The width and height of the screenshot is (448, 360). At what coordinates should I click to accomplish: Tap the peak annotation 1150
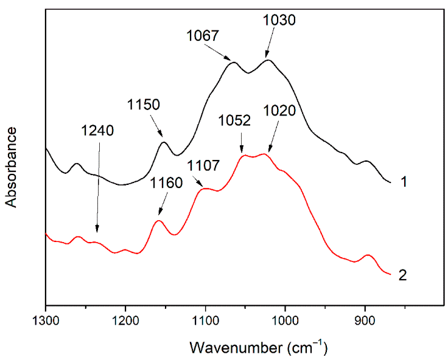point(144,104)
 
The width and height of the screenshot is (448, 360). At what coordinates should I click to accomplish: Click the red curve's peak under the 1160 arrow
point(158,221)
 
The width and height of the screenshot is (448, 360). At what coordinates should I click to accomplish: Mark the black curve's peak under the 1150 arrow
point(164,142)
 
